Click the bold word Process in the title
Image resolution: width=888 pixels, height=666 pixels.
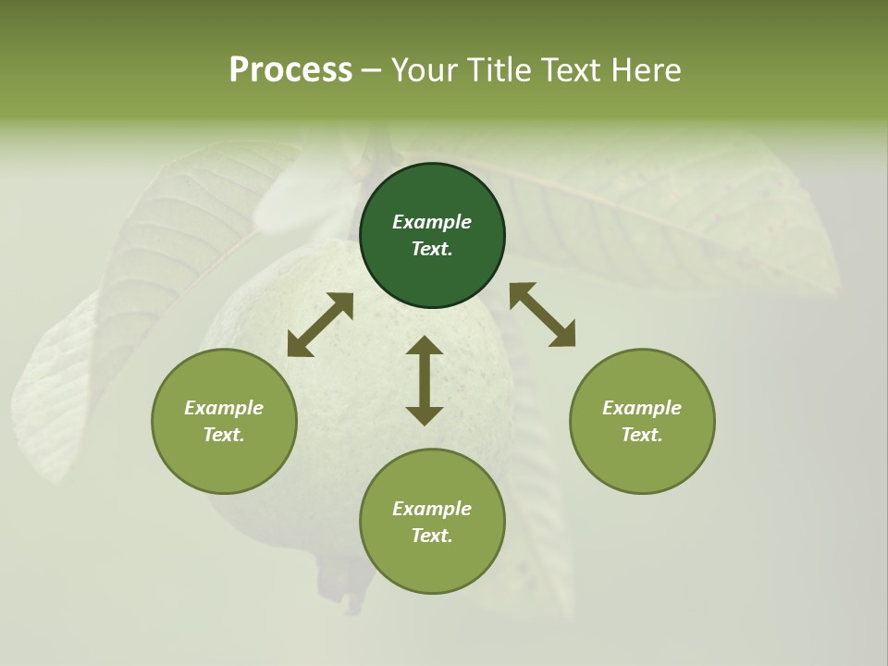[x=290, y=70]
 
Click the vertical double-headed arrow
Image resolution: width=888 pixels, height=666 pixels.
[x=425, y=380]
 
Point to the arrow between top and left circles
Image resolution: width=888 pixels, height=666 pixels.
[x=320, y=325]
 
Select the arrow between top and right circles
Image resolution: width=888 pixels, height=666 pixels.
[x=543, y=314]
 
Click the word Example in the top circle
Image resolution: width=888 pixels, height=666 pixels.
[x=432, y=222]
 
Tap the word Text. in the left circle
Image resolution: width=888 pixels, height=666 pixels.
[x=224, y=435]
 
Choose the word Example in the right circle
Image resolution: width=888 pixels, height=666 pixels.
[x=642, y=408]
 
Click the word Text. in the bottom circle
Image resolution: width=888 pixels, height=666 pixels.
[x=432, y=536]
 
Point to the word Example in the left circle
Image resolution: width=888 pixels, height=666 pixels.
[x=224, y=408]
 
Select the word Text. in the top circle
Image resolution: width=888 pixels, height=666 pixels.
[x=432, y=249]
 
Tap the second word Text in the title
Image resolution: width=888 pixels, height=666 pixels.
[x=572, y=70]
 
